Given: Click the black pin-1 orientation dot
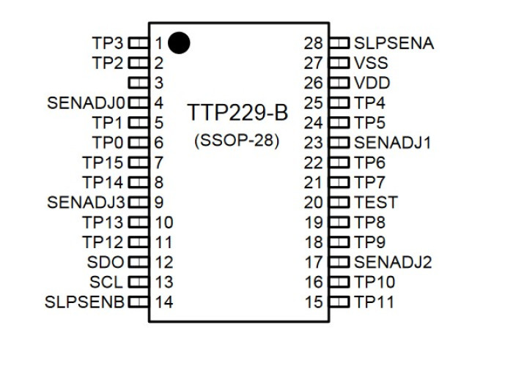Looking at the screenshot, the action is coord(179,42).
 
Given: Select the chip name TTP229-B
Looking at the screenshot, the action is coord(237,113).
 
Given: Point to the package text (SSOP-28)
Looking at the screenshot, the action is coord(237,141).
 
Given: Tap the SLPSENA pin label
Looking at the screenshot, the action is coord(394,43).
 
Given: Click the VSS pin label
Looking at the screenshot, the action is coord(371,63).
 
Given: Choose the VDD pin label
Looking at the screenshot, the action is coord(372,83).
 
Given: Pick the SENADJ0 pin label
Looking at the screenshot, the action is coord(86,103).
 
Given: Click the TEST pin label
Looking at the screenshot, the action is coord(376,202).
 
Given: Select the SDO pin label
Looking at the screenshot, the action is coord(106,262).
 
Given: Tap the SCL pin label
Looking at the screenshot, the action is coord(106,282).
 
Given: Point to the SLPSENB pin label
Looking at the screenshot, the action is coord(85,302).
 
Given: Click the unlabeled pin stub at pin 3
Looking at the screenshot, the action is coord(139,82).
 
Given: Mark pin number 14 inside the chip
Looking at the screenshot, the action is coord(164,302).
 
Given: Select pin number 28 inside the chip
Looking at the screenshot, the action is coord(313,43).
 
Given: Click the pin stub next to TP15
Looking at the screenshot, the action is coord(139,163).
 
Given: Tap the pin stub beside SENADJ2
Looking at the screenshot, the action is coord(339,262).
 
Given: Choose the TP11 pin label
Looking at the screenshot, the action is coord(374,302).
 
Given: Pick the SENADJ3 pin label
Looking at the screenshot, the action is coord(86,202).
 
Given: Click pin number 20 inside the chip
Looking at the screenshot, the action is coord(313,202).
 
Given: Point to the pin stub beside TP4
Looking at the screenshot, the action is coord(339,102).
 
